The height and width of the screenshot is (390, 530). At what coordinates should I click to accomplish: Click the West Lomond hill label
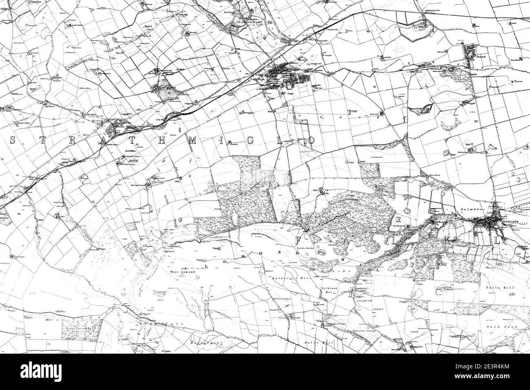(x=182, y=272)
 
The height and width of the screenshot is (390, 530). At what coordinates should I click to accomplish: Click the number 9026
(x=133, y=161)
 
